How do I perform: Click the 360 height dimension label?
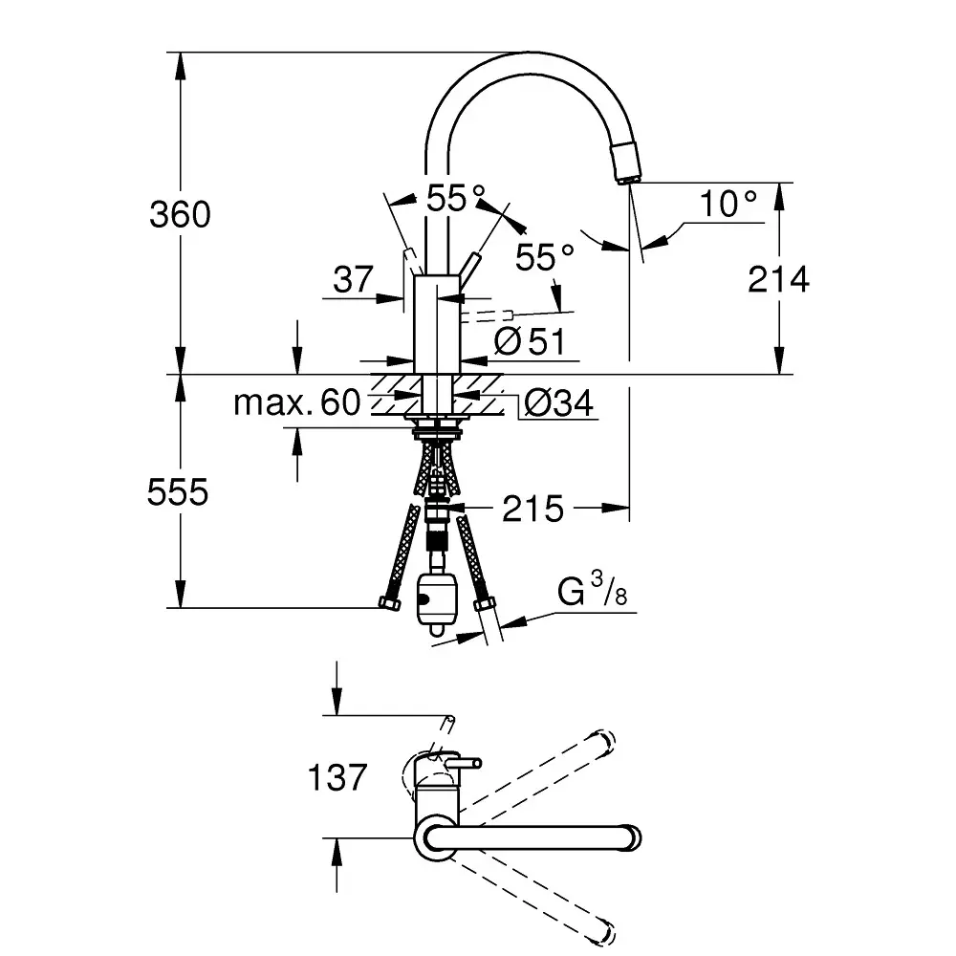click(x=180, y=214)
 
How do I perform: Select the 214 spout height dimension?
click(x=778, y=281)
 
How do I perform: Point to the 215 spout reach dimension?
click(x=533, y=509)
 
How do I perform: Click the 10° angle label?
click(x=728, y=204)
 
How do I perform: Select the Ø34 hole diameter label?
click(x=559, y=404)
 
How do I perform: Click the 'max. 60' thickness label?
click(x=297, y=403)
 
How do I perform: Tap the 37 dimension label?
click(x=353, y=280)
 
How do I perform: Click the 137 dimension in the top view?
click(x=337, y=777)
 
